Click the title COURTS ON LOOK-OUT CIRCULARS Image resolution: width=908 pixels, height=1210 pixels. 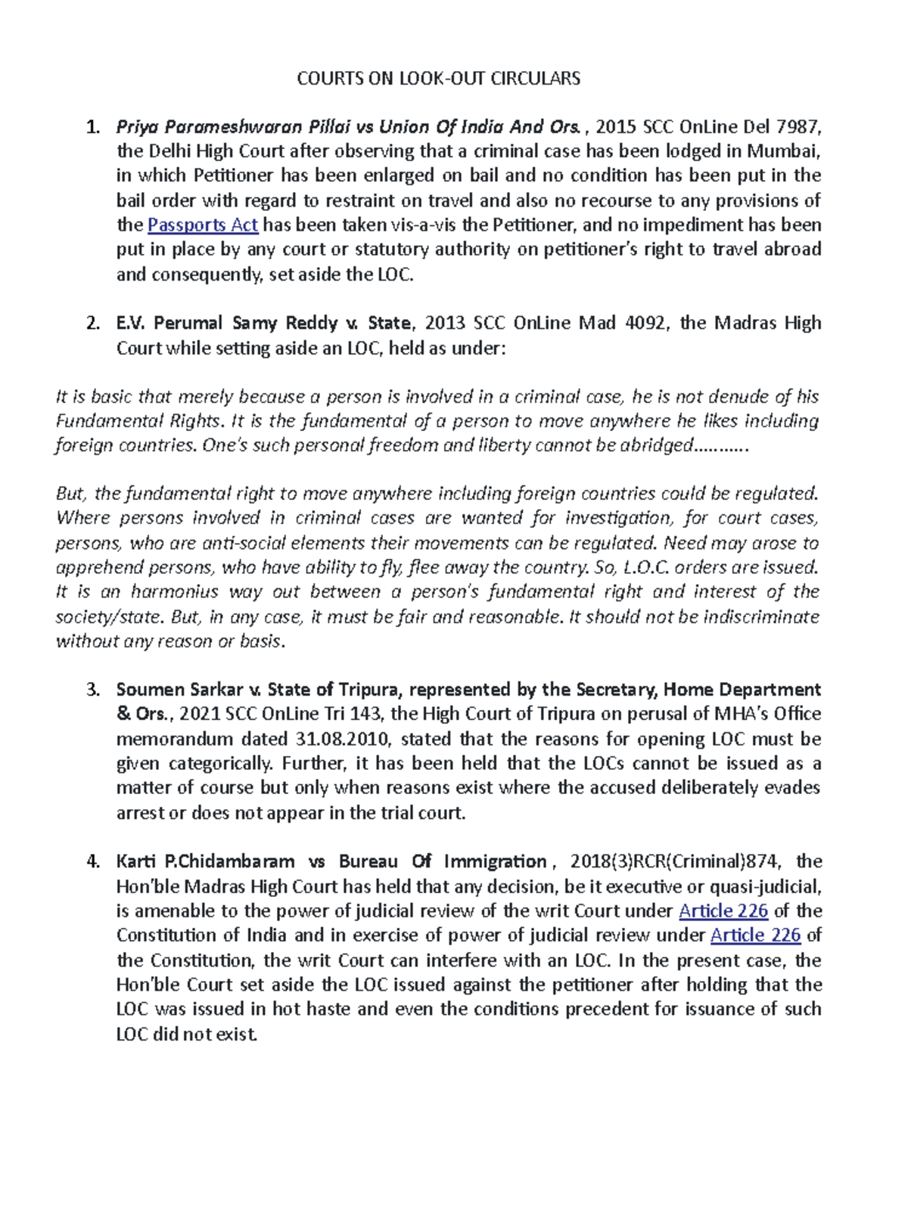[x=438, y=79]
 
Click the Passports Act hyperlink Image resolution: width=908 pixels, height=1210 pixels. [x=203, y=225]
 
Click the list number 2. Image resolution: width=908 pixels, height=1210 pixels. [x=92, y=324]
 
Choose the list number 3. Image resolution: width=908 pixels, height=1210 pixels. [x=92, y=690]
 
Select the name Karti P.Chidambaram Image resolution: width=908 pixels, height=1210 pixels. [x=205, y=861]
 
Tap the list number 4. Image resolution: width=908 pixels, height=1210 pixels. [x=92, y=861]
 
